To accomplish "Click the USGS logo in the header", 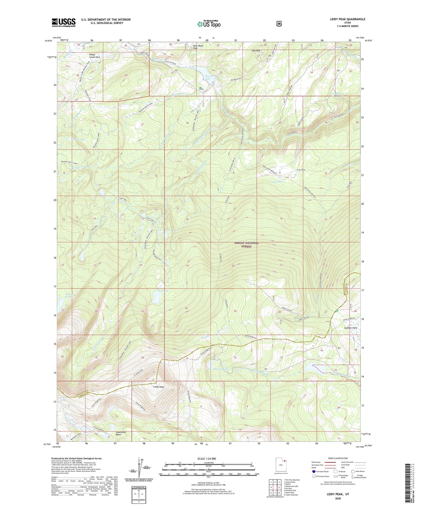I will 63,22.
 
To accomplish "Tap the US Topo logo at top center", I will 209,24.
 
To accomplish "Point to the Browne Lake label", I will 209,77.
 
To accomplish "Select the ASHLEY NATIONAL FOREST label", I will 246,245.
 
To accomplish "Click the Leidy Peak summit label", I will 159,387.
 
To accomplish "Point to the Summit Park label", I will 351,328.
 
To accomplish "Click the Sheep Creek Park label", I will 94,56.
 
